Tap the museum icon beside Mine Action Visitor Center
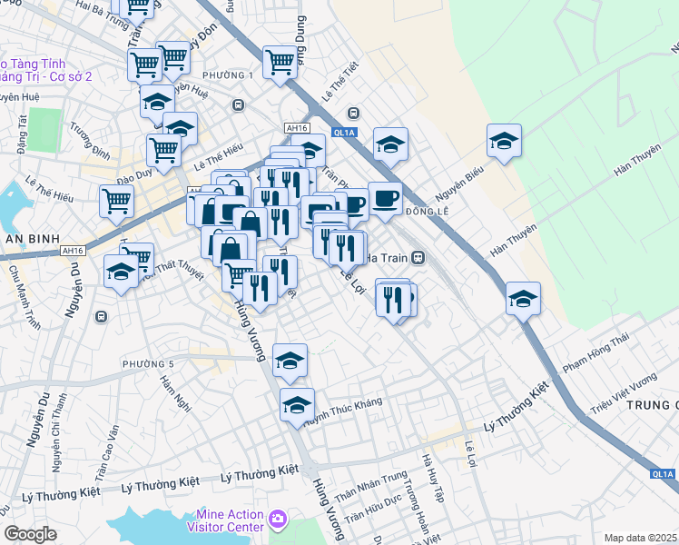click(278, 520)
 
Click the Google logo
click(30, 534)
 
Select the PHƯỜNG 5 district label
click(148, 364)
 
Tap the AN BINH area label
click(25, 239)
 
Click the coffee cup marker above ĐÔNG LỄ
click(385, 198)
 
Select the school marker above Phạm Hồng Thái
click(523, 298)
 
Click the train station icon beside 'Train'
click(418, 257)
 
